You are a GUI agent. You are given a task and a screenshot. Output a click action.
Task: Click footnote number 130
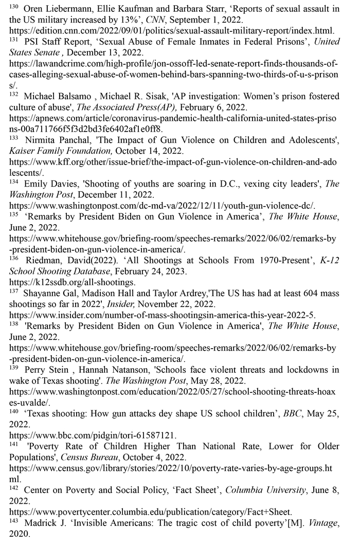(14, 7)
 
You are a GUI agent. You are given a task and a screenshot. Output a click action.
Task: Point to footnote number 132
(14, 95)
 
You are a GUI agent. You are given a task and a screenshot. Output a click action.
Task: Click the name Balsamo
(73, 97)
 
